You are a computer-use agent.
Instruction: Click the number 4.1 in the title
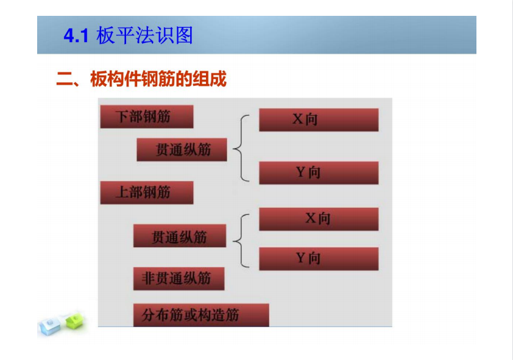tap(76, 35)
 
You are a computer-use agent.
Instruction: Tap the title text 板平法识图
tap(144, 35)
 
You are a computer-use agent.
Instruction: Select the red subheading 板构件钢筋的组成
tap(158, 79)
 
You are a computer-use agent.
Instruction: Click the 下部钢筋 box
tap(147, 116)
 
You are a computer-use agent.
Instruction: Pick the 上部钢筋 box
tap(147, 192)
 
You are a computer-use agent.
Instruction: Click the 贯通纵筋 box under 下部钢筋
tap(182, 149)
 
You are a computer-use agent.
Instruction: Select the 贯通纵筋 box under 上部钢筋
tap(180, 235)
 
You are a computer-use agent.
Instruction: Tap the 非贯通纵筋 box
tap(179, 278)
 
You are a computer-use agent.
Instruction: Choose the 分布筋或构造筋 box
tap(201, 315)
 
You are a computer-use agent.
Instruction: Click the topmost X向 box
tap(319, 119)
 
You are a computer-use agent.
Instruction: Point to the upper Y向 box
tap(319, 172)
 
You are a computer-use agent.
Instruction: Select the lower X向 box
tap(319, 219)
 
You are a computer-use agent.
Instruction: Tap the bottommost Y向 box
tap(319, 259)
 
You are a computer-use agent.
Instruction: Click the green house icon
tap(75, 320)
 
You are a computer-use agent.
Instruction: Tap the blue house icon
tap(50, 326)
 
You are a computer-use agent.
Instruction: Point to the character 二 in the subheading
tap(65, 79)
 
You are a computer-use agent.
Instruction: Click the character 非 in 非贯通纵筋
tap(147, 278)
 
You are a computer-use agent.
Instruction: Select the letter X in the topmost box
tap(298, 119)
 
